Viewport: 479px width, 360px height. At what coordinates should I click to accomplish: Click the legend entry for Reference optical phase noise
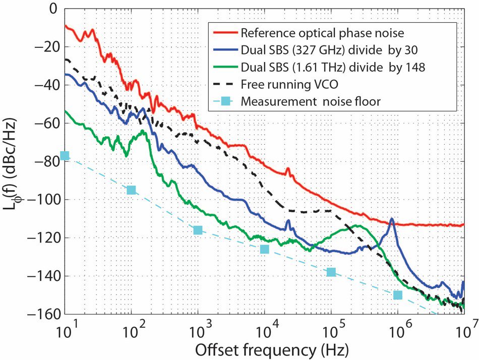tap(323, 34)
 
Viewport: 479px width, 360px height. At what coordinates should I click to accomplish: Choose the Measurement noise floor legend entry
tap(311, 101)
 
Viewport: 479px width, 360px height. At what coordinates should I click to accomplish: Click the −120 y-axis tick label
tap(46, 238)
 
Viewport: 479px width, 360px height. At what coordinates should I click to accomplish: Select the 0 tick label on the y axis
tap(55, 9)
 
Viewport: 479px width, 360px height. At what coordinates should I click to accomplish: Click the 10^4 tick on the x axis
tap(264, 332)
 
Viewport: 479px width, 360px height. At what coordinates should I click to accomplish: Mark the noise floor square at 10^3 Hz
tap(198, 230)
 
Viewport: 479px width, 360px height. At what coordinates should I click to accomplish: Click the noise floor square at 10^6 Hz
tap(398, 295)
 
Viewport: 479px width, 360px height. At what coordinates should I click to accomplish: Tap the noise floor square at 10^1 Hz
tap(65, 155)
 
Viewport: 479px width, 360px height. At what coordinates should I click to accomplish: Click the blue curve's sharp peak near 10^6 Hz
tap(392, 219)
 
